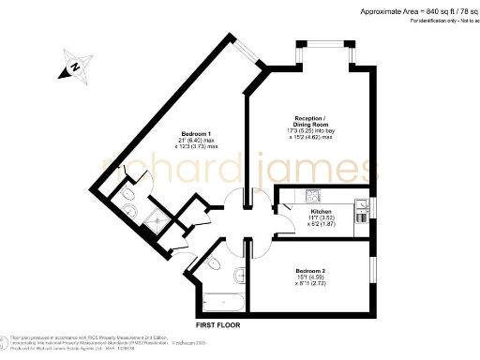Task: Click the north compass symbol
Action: tap(73, 67)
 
